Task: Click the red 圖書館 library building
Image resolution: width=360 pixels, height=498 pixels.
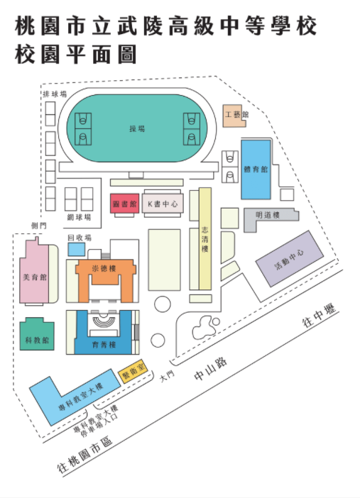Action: [x=125, y=204]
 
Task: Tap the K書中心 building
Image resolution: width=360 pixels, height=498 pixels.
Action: [x=163, y=204]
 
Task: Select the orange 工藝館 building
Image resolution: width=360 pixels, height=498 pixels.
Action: [x=234, y=116]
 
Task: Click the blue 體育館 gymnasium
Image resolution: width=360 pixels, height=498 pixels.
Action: [x=256, y=170]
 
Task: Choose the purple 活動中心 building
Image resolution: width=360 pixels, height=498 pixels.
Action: [x=290, y=258]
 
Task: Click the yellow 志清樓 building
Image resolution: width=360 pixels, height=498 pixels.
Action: [x=205, y=238]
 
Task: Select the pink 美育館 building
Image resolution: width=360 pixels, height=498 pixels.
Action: [x=34, y=275]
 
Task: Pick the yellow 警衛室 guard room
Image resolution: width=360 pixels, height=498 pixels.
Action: [x=133, y=371]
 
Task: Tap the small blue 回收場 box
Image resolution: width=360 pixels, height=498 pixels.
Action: [x=77, y=249]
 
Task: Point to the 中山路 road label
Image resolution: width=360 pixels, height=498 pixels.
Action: [x=210, y=368]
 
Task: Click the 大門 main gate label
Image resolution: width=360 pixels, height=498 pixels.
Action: [x=168, y=376]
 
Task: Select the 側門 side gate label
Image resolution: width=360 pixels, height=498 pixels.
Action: [x=39, y=226]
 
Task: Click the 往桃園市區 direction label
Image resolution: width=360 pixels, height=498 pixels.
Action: [x=85, y=455]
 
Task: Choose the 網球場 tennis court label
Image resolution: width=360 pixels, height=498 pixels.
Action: [x=80, y=217]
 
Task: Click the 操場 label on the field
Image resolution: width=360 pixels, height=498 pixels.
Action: [x=137, y=128]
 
